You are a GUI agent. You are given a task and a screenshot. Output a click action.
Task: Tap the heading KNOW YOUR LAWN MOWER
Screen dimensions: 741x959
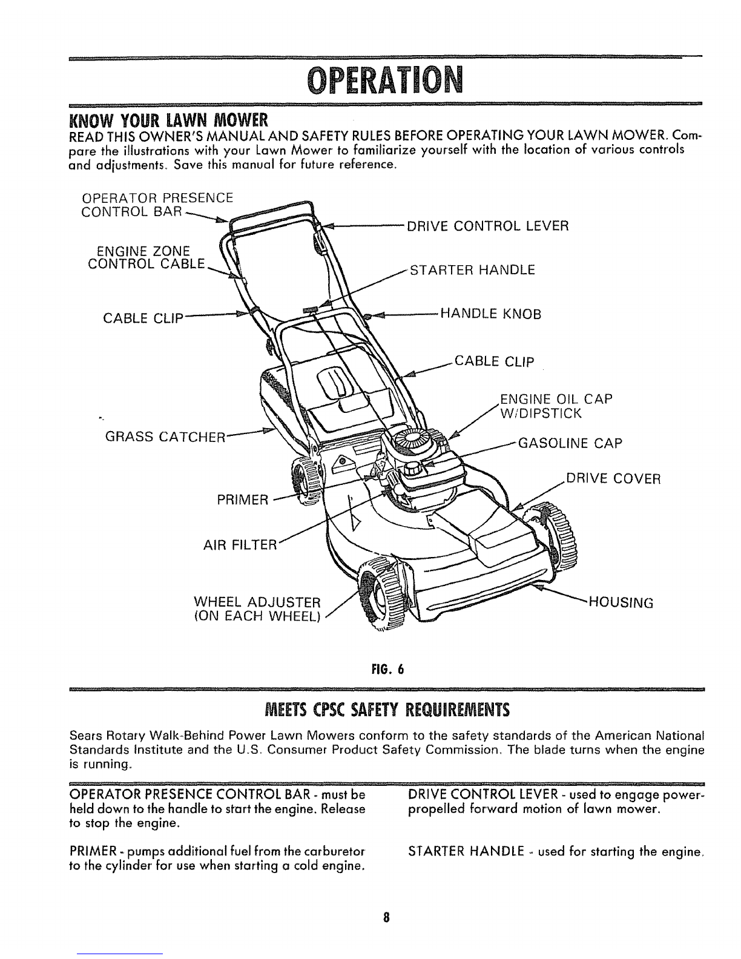click(169, 119)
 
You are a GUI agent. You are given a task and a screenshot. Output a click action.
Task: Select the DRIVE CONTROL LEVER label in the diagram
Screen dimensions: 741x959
click(488, 226)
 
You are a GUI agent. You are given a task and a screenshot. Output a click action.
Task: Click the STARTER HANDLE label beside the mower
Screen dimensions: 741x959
click(472, 269)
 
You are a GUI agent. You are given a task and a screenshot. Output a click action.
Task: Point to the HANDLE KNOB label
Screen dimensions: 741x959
click(491, 314)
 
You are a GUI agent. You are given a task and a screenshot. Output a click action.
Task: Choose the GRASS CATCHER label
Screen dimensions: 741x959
click(165, 437)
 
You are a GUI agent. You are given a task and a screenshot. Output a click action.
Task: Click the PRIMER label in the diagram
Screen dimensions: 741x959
click(243, 500)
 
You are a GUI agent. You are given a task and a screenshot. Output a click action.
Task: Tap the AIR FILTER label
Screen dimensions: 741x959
click(240, 545)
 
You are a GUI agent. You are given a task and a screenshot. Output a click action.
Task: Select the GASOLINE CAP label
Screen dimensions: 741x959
click(570, 443)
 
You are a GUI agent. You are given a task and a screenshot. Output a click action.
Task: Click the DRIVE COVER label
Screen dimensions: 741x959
click(613, 479)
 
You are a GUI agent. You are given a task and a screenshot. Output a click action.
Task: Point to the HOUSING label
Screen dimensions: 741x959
click(621, 603)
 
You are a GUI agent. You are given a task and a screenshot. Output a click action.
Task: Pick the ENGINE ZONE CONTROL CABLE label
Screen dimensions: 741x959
click(147, 258)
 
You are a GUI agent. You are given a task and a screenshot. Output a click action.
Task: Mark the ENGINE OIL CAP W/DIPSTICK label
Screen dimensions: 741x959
click(556, 406)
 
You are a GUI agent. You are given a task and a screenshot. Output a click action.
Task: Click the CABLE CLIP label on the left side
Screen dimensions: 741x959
click(143, 318)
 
